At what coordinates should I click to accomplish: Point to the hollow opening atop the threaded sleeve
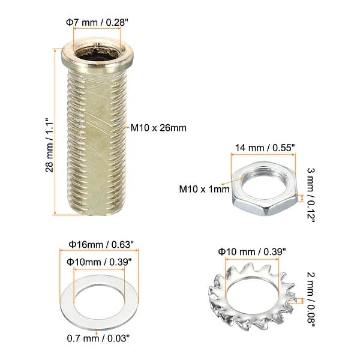pos(97,55)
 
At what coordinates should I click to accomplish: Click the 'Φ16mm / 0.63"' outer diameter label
pos(97,244)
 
